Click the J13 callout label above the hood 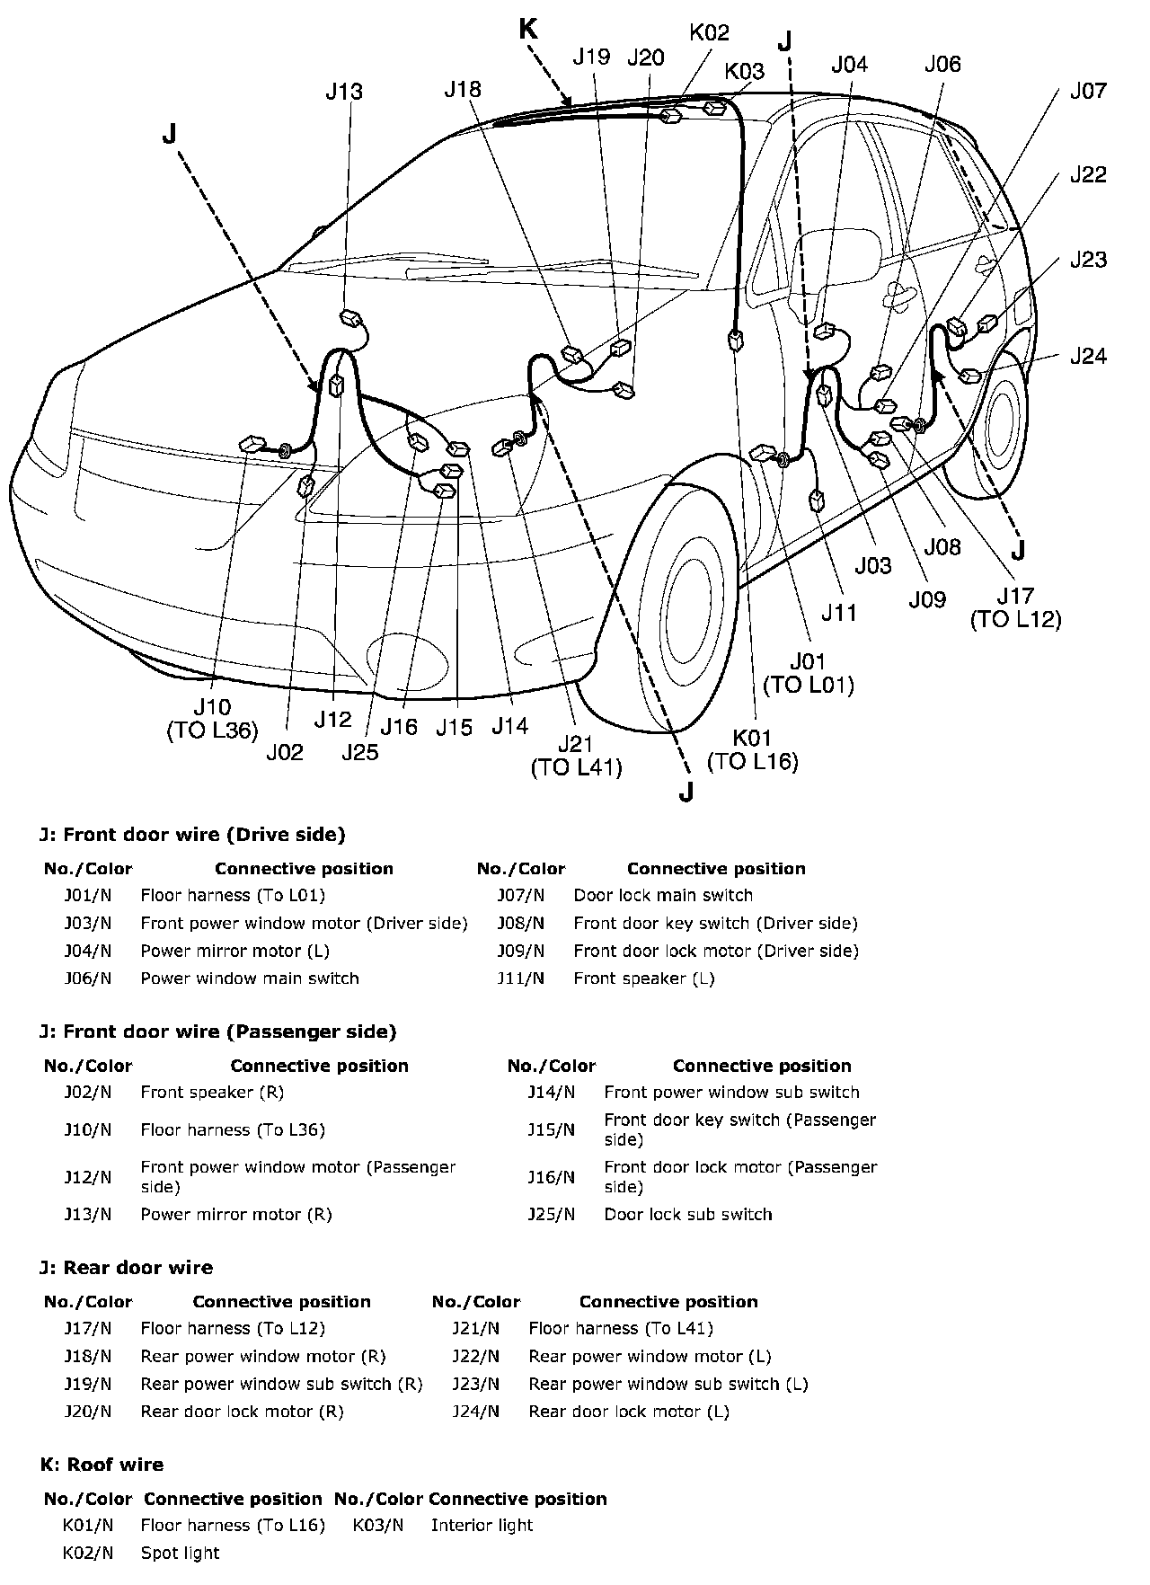point(344,91)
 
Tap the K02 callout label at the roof point(709,33)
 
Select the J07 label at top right point(1088,91)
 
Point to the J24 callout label point(1088,356)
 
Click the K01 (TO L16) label point(753,750)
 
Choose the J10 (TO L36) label point(212,719)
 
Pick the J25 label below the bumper point(360,752)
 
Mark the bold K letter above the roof point(528,30)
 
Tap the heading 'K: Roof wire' point(102,1465)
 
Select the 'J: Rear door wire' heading point(127,1268)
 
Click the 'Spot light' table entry point(180,1553)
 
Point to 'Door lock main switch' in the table point(663,895)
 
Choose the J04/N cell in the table point(88,951)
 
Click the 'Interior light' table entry point(482,1525)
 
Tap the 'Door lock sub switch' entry point(688,1214)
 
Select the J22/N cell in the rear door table point(475,1356)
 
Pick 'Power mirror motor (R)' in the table point(236,1214)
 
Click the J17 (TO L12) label point(1016,607)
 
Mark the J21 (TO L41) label point(576,756)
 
